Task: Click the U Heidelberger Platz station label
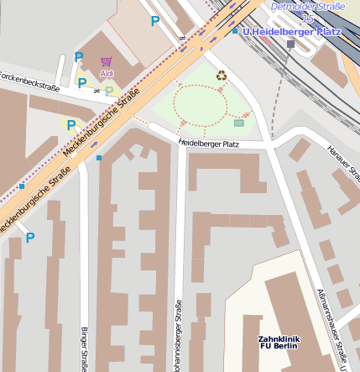tap(287, 31)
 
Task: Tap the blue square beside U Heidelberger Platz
tap(236, 31)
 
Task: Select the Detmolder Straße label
tap(307, 6)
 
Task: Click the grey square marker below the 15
tap(290, 43)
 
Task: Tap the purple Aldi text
tap(107, 74)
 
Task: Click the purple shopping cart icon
tap(106, 61)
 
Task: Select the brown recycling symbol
tap(222, 76)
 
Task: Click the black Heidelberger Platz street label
tap(209, 144)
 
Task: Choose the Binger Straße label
tap(84, 348)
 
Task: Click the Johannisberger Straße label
tap(178, 336)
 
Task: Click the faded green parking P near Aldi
tap(108, 91)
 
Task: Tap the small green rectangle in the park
tap(239, 123)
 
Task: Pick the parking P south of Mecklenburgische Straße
tap(30, 238)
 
